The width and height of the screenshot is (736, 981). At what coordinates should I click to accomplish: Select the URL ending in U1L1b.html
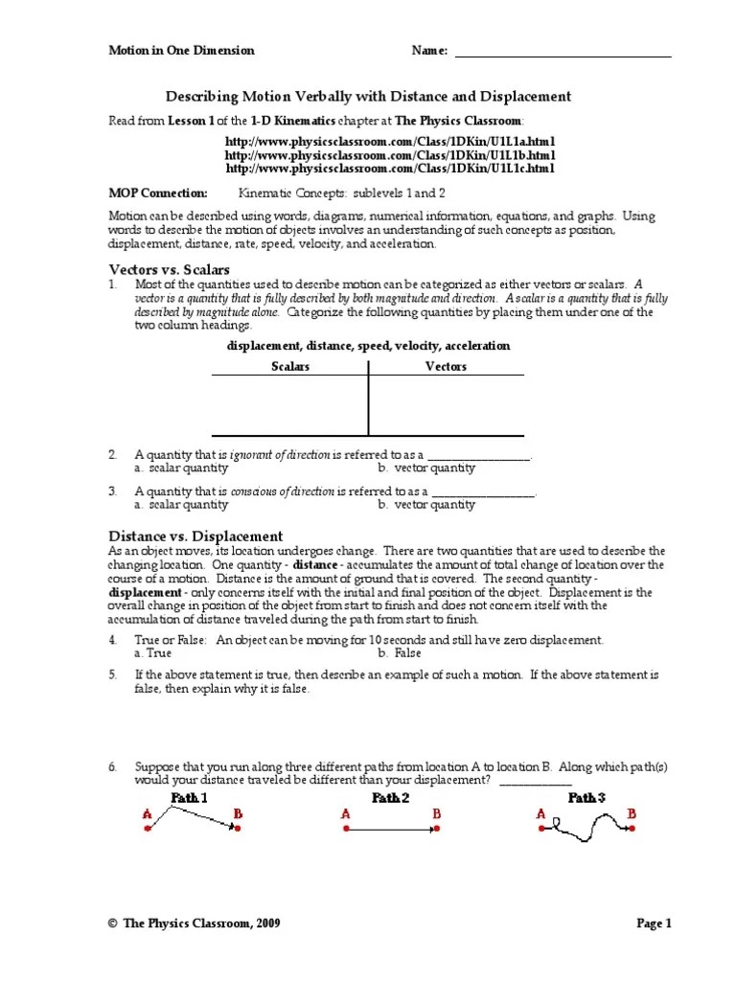(390, 154)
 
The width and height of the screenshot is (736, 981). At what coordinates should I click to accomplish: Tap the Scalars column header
(290, 366)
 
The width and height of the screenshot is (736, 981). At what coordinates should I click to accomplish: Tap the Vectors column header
(446, 366)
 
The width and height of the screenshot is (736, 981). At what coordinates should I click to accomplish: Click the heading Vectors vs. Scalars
(169, 270)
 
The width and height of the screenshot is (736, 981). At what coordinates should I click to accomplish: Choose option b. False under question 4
(400, 652)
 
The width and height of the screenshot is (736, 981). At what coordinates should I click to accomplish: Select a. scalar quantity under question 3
(181, 504)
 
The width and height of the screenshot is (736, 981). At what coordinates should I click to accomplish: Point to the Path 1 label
(189, 797)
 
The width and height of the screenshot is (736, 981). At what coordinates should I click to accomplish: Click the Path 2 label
(391, 797)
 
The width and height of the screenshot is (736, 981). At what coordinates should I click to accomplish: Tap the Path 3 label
(586, 797)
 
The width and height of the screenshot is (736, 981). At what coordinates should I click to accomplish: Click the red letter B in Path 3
(632, 814)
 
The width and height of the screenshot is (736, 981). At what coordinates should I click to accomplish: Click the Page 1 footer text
(655, 924)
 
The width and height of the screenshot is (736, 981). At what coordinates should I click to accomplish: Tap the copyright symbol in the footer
(112, 924)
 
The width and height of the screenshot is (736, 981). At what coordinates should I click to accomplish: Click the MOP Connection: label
(157, 193)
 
